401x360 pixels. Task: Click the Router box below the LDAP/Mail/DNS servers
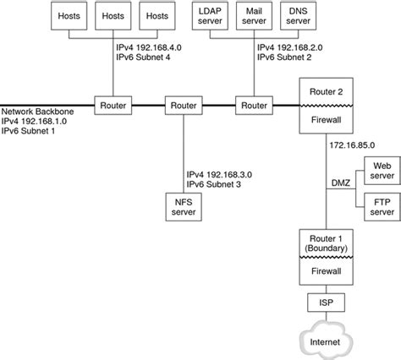click(x=252, y=106)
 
